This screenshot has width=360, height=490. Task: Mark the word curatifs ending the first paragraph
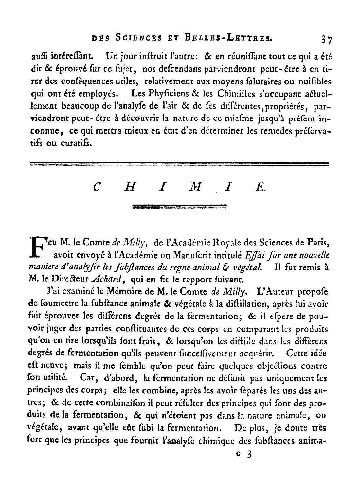tap(75, 144)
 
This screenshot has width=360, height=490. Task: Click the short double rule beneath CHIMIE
tap(180, 206)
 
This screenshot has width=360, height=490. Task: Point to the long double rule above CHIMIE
tap(179, 163)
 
